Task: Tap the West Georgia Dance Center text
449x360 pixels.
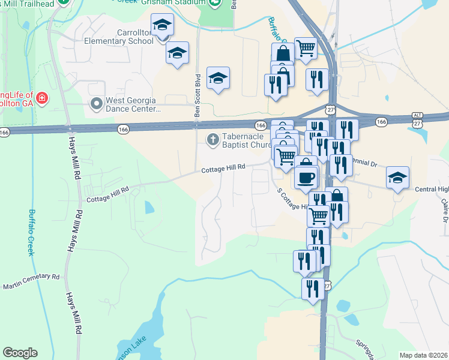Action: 133,105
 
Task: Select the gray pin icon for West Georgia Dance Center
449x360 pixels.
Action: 96,104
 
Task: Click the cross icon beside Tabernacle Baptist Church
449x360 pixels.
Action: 212,140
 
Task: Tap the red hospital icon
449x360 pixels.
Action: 42,97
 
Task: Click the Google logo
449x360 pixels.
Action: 20,353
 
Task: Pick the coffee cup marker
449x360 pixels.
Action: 306,177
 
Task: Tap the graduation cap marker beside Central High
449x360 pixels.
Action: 397,177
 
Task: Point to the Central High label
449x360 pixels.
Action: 432,190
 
